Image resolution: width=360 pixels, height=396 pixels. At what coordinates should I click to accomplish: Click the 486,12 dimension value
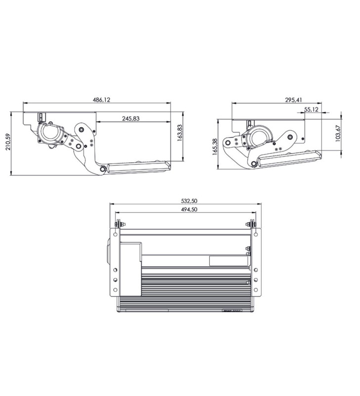(x=101, y=99)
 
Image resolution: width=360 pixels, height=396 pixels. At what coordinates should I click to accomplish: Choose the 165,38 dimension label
(x=215, y=147)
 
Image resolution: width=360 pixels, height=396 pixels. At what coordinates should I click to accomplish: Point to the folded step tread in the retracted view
(x=289, y=158)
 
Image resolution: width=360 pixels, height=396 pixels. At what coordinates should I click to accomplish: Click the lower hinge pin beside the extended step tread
(x=101, y=170)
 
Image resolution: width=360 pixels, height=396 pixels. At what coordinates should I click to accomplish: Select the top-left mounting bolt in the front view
(x=117, y=225)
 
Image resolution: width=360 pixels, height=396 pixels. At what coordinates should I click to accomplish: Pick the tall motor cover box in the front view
(x=131, y=268)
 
